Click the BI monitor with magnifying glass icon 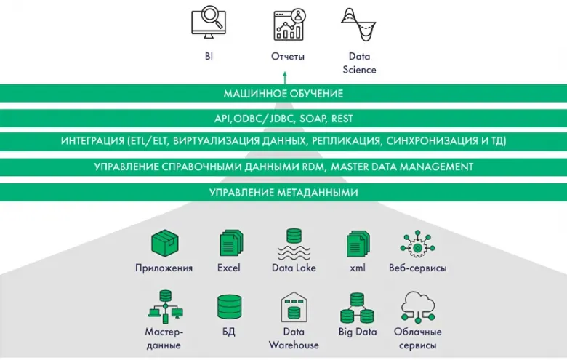click(209, 22)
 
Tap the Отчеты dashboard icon click(289, 25)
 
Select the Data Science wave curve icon click(358, 25)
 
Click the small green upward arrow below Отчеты click(285, 78)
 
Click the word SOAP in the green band click(313, 119)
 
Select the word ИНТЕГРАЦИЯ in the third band click(92, 141)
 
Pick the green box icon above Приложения click(164, 243)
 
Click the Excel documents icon click(231, 243)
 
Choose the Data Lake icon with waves click(294, 244)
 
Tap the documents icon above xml click(358, 244)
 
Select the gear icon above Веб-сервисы click(418, 244)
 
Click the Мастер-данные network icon click(166, 306)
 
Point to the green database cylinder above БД click(229, 307)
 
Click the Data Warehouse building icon click(294, 307)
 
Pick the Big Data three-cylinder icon click(357, 308)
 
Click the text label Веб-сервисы click(418, 268)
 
